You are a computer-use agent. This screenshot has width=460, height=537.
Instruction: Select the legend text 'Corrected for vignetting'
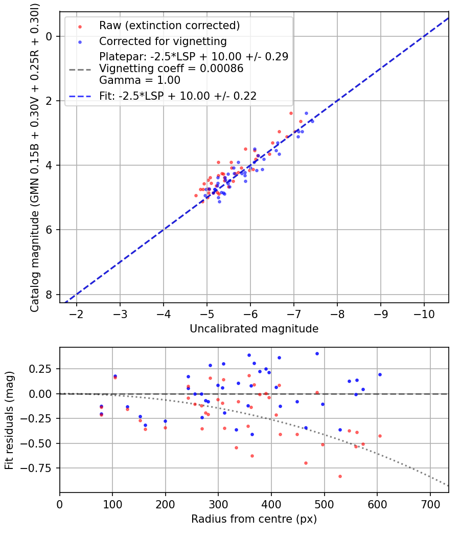coord(163,41)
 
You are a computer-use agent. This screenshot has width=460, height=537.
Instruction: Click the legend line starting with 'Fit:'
coord(178,95)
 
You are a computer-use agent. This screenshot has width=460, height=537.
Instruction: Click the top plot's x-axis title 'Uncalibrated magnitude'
coord(254,329)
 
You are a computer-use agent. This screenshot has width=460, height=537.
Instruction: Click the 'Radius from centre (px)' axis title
coord(254,519)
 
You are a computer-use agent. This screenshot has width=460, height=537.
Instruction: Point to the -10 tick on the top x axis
coord(424,311)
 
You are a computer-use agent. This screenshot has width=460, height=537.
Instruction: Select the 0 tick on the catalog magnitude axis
coord(50,36)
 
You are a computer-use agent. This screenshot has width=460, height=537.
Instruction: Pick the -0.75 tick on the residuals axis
coord(40,468)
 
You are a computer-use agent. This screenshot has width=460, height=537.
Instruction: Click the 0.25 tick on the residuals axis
coord(43,369)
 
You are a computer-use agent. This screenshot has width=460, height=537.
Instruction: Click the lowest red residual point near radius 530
coord(340,476)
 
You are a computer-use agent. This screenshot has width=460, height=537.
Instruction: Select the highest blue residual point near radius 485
coord(317,353)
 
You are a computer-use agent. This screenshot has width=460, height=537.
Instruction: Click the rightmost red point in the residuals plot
coord(380,436)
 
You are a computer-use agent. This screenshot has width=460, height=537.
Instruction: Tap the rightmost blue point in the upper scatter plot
coord(312,121)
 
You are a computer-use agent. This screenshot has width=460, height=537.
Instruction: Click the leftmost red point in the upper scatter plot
coord(196,195)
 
